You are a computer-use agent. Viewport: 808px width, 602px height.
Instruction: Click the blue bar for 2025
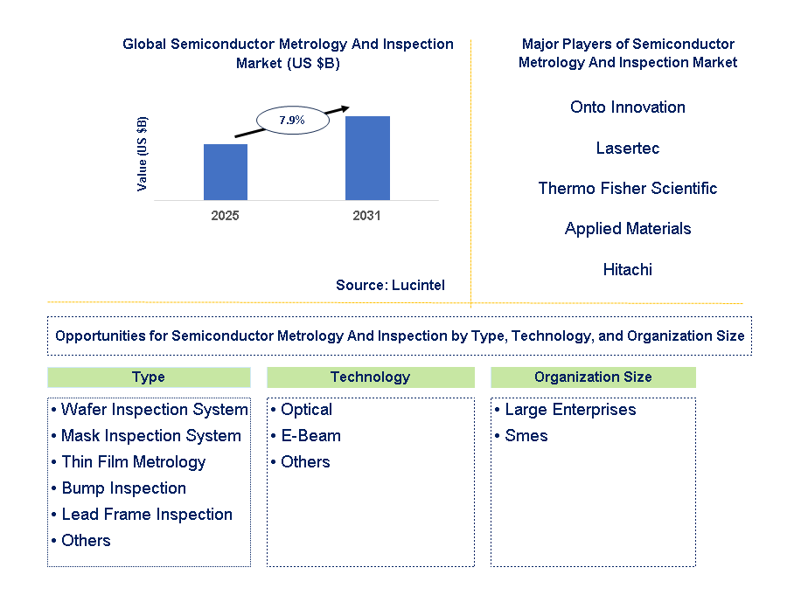point(226,172)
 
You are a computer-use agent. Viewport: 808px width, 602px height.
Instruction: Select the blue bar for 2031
point(367,158)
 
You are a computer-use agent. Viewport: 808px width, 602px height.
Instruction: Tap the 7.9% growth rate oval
point(293,121)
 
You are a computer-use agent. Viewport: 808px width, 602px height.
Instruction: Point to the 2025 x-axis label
point(226,216)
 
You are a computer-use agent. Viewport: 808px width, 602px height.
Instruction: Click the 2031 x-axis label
point(367,216)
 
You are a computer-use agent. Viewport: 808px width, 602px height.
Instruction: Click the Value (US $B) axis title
point(143,154)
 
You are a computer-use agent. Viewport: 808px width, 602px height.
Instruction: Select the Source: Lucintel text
point(390,286)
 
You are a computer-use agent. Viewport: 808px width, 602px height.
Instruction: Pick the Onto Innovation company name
point(628,107)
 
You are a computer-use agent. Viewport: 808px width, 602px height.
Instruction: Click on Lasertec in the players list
point(628,149)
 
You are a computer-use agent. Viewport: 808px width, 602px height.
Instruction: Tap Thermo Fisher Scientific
point(628,189)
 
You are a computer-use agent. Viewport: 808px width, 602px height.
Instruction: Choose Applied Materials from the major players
point(628,229)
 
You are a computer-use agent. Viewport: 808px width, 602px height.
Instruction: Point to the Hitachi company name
point(628,269)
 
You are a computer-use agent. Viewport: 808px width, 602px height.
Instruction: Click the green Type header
point(149,377)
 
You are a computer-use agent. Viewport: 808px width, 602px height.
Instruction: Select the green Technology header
point(371,377)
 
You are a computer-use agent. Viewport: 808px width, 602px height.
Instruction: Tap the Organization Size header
point(593,377)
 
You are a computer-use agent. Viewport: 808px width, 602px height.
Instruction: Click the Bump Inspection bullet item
point(119,488)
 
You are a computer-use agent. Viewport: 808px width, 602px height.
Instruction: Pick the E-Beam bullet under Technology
point(306,436)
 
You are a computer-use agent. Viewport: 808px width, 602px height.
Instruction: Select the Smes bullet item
point(521,436)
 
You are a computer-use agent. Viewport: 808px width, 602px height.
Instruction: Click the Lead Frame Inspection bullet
point(143,515)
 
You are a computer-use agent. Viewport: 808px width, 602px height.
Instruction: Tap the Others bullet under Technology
point(301,462)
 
